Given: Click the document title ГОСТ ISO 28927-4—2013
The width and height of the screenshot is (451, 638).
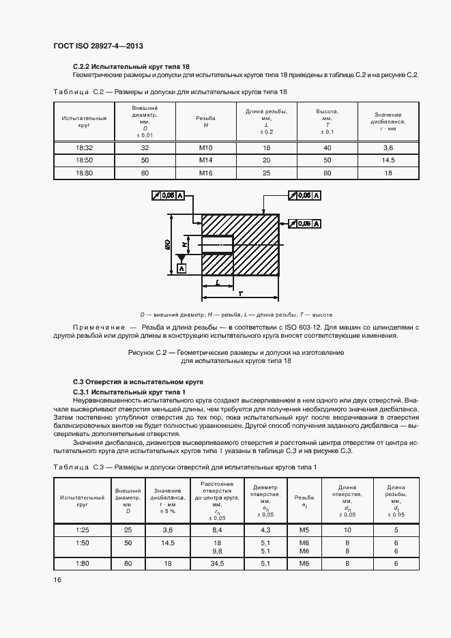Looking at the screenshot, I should tap(98, 46).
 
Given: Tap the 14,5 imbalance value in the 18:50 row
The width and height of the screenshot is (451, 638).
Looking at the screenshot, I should tap(388, 160).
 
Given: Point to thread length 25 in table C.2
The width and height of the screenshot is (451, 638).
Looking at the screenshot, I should tap(267, 173).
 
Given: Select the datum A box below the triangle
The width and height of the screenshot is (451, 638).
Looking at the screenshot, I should tap(182, 268).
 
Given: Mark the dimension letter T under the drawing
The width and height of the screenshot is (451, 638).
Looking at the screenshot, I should tap(241, 293).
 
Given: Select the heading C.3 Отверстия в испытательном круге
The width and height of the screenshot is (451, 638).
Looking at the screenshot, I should tap(138, 381).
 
